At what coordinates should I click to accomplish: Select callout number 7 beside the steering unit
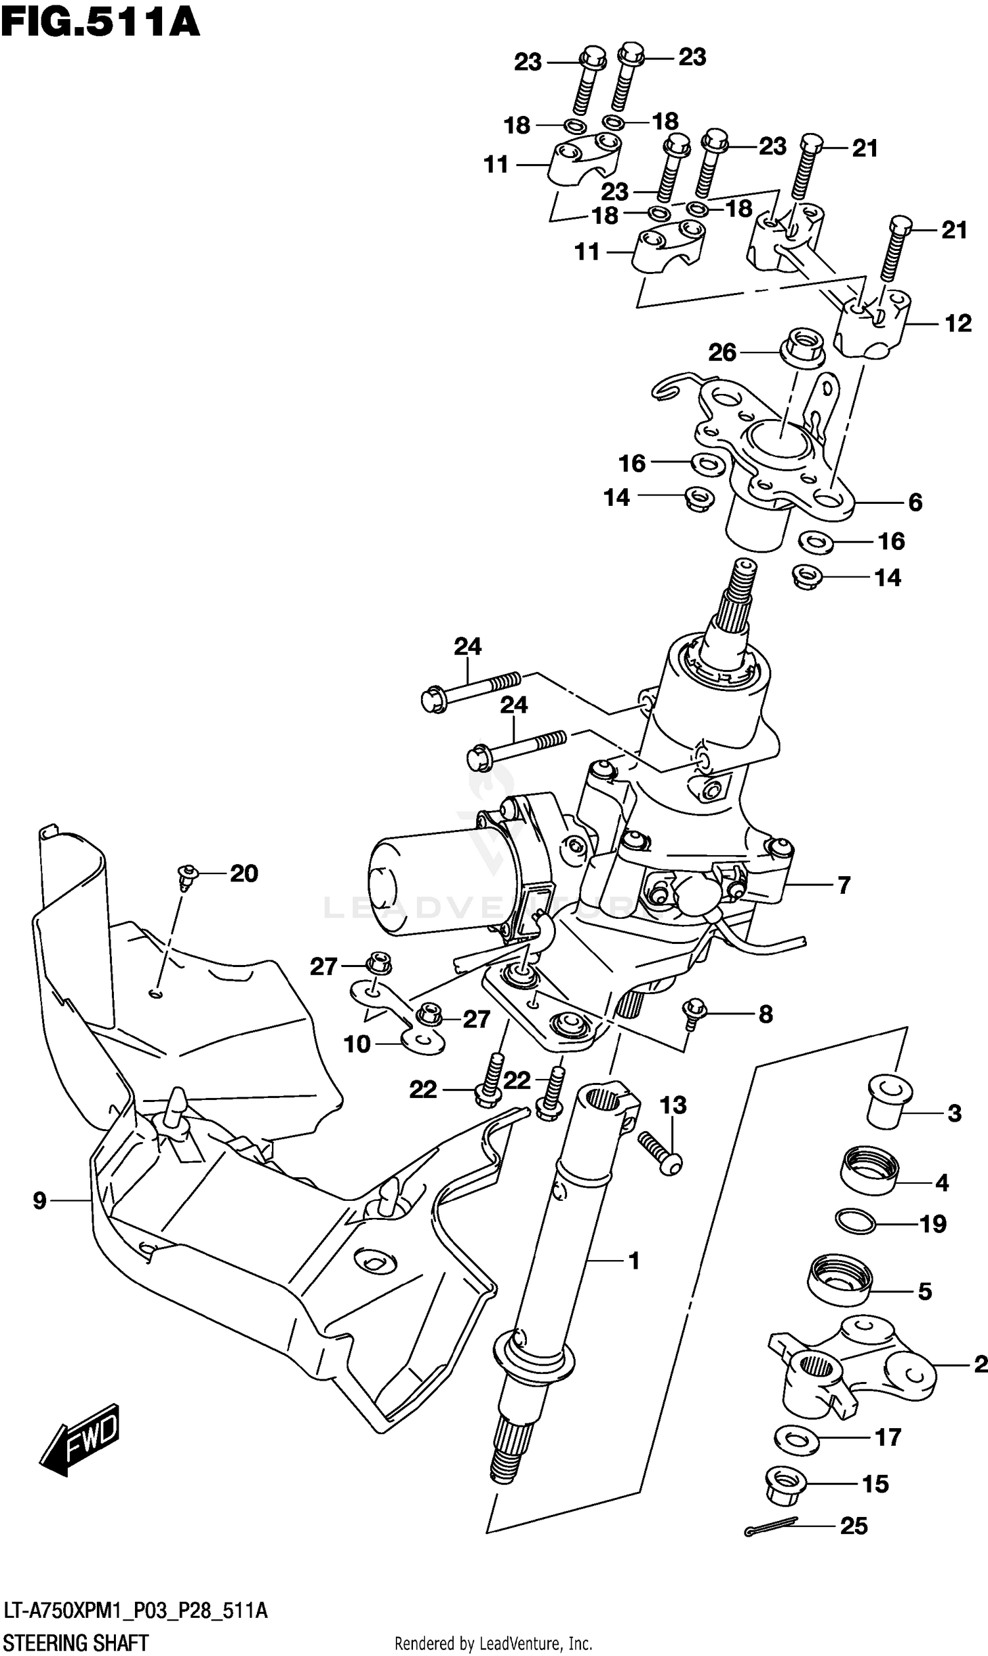[x=844, y=885]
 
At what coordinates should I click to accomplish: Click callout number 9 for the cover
[x=40, y=1201]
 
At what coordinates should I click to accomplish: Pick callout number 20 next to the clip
[x=244, y=873]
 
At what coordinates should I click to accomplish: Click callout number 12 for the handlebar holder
[x=958, y=323]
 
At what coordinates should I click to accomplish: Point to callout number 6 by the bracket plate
[x=916, y=503]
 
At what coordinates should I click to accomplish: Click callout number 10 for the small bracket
[x=357, y=1043]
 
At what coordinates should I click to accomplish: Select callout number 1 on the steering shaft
[x=634, y=1261]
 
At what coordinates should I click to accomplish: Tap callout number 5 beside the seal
[x=925, y=1291]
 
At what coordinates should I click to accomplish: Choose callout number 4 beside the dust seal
[x=941, y=1183]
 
